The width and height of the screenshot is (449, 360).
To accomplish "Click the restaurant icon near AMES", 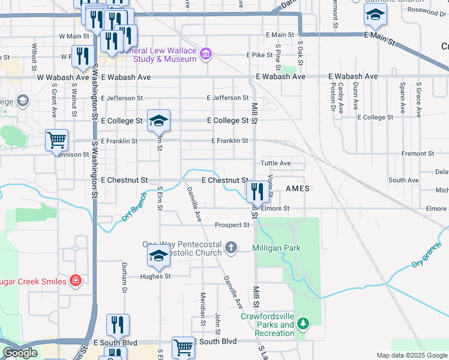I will [x=258, y=193].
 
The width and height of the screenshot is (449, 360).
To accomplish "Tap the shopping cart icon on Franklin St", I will [x=56, y=140].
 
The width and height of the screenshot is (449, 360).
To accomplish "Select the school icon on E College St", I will [x=158, y=121].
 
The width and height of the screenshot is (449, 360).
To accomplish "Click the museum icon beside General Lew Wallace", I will [x=206, y=55].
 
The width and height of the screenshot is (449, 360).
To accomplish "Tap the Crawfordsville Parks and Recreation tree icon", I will [x=304, y=325].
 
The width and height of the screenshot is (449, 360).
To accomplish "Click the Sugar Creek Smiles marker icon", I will [x=76, y=280].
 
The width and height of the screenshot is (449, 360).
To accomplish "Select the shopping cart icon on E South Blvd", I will [x=183, y=347].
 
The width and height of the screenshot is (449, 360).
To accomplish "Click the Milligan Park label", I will [x=276, y=248].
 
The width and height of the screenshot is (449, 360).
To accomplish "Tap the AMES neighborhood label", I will [x=297, y=188].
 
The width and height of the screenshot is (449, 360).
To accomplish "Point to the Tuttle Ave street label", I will [x=276, y=163].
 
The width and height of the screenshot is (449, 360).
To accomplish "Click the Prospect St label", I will [x=232, y=225].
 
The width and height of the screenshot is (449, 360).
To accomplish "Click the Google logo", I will [x=20, y=353].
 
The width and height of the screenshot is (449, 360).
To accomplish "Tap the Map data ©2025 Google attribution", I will [x=411, y=355].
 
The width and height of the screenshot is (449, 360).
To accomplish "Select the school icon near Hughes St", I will [x=158, y=256].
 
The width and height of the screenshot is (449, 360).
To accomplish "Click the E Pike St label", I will [x=260, y=55].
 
